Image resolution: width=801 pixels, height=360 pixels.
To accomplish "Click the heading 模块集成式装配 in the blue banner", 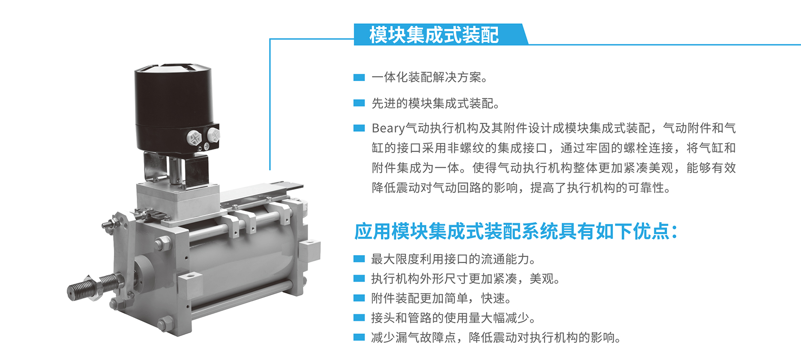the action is pos(434,35).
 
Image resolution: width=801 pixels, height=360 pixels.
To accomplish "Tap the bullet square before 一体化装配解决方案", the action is pos(359,77).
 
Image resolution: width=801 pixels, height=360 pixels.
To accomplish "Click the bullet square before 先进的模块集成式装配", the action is pos(359,103).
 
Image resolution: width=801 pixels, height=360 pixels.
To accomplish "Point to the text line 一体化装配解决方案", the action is pos(430,77).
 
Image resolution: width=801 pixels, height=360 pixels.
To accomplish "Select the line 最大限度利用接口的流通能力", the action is pos(453,259).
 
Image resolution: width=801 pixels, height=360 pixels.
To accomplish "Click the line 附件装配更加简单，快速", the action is pos(442,298).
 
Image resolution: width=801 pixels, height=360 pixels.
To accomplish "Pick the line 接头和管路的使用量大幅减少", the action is pos(453,318).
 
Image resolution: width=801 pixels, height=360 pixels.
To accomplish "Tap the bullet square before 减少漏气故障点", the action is pos(359,337).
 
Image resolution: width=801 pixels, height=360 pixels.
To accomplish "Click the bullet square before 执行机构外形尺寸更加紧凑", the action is pos(359,278).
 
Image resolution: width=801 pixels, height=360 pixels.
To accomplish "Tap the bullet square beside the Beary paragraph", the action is pos(359,128).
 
